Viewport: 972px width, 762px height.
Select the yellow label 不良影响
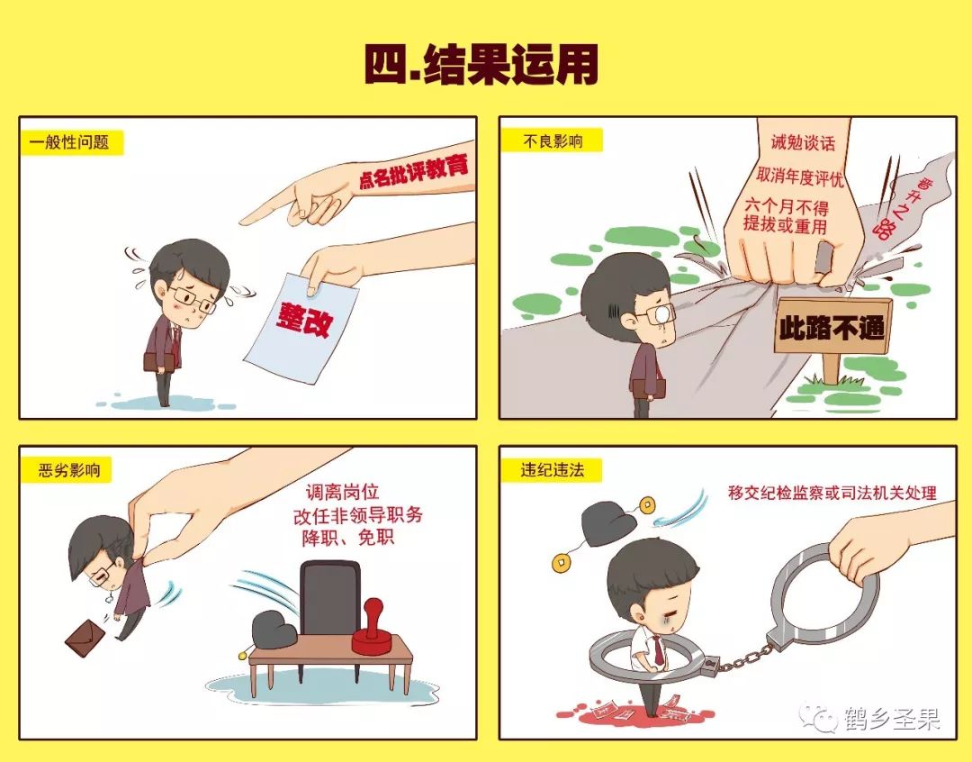point(551,141)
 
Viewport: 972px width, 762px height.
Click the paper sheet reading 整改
point(301,320)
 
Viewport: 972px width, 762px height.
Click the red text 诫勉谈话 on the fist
point(803,142)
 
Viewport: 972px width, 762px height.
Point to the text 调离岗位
point(342,493)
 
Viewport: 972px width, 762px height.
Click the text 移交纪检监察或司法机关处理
point(832,493)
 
